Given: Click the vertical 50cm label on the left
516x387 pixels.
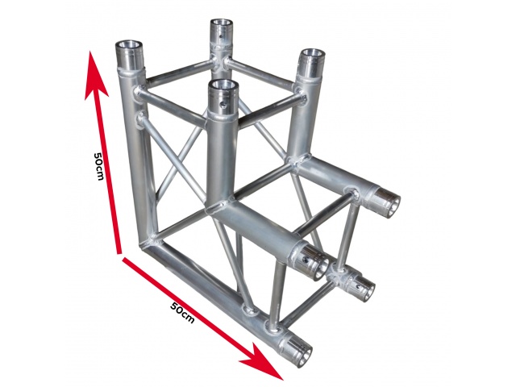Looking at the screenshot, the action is tap(98, 166).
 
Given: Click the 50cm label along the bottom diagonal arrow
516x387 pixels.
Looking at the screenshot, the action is tap(183, 312).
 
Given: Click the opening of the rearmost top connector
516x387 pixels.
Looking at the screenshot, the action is tap(222, 23).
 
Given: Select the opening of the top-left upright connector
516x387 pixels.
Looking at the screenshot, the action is tap(129, 44).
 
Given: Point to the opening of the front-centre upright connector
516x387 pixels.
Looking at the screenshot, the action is tap(225, 85).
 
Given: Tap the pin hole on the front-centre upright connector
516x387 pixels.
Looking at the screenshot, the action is tap(224, 106).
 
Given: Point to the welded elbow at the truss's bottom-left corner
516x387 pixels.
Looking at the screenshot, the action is tap(152, 243).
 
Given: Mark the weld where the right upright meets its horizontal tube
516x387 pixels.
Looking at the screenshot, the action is tap(299, 161).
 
